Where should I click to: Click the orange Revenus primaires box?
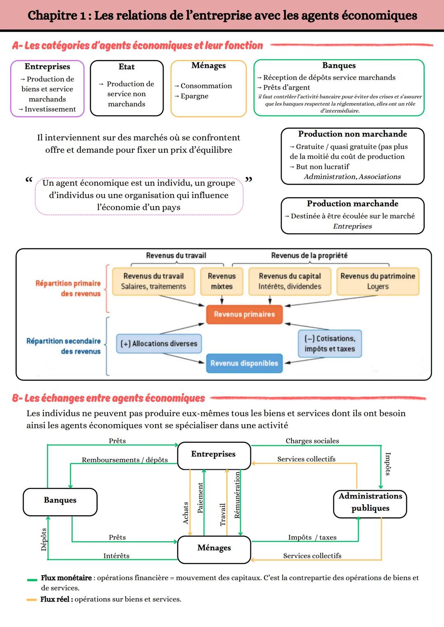[x=244, y=315]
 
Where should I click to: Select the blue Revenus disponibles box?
[x=244, y=363]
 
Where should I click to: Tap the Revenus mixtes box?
[x=222, y=281]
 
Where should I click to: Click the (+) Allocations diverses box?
[x=159, y=344]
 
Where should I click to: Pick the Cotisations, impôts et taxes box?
[x=330, y=344]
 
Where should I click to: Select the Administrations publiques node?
[x=370, y=503]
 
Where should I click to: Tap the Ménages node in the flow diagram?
[x=214, y=549]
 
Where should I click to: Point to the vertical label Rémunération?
[x=237, y=495]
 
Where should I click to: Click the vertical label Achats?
[x=185, y=513]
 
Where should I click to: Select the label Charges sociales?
[x=312, y=441]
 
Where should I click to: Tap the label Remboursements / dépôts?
[x=125, y=460]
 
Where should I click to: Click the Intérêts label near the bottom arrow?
[x=116, y=556]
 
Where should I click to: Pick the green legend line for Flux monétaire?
[x=32, y=579]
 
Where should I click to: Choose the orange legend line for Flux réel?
[x=32, y=600]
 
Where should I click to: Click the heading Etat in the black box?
[x=126, y=67]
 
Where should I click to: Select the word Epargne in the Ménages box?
[x=194, y=96]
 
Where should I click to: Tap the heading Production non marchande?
[x=352, y=134]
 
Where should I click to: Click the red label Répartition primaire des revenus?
[x=68, y=288]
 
